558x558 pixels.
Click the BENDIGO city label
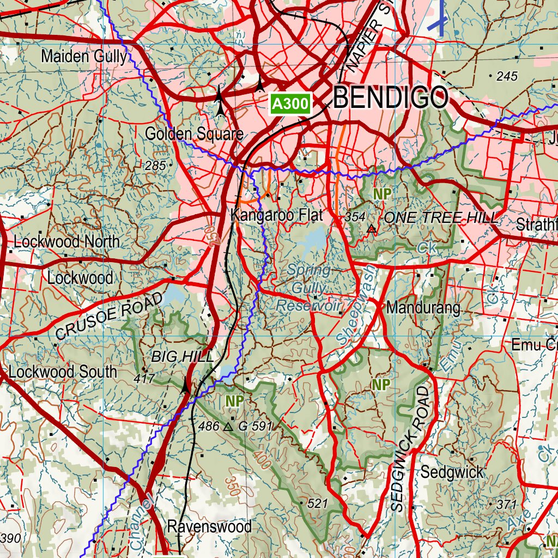(391, 99)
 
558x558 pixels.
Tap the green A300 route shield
(291, 104)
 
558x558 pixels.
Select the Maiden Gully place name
(84, 56)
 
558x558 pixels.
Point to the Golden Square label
(193, 134)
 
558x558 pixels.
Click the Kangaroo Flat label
(277, 215)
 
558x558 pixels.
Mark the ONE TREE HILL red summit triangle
(372, 229)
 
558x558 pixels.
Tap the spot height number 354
(355, 217)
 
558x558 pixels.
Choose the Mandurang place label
(423, 308)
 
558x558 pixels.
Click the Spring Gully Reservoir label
(308, 288)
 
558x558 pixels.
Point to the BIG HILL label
(182, 357)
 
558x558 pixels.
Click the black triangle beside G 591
(228, 427)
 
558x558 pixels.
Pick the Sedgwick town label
(451, 472)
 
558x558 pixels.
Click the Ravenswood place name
(209, 527)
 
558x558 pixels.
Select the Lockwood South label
(63, 372)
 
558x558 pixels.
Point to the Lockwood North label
(66, 242)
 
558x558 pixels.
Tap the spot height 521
(317, 504)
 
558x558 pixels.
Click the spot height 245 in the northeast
(507, 77)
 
